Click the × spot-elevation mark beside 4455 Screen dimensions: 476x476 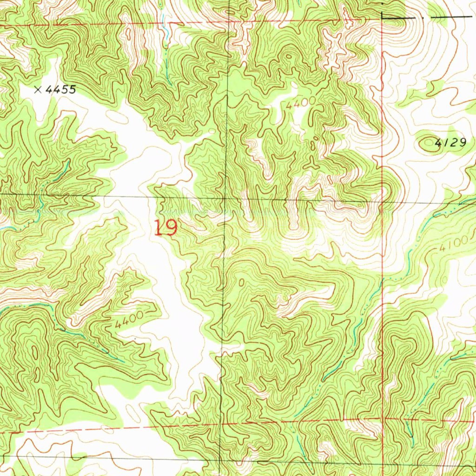[38, 90]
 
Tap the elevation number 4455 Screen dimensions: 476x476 [60, 90]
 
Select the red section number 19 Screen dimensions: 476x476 [166, 228]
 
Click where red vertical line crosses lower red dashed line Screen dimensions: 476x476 [383, 419]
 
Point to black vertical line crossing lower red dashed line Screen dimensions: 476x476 [220, 423]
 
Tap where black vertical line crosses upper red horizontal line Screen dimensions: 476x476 [228, 22]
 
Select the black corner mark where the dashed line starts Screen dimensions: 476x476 [382, 17]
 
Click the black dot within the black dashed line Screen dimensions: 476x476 [423, 17]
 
